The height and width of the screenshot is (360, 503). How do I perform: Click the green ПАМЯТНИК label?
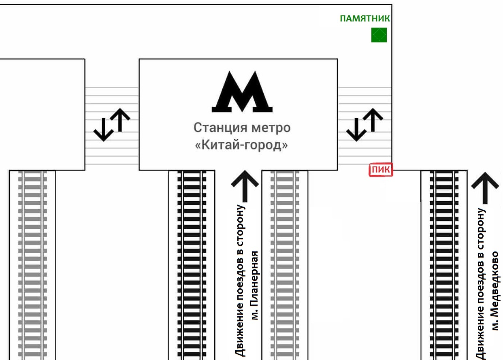[x=365, y=19]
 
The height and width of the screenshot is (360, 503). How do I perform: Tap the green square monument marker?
[x=379, y=35]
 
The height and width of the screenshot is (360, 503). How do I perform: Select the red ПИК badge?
[x=381, y=170]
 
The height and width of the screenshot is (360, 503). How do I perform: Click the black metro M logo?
[x=242, y=92]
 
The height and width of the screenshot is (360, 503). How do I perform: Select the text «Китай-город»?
[x=242, y=145]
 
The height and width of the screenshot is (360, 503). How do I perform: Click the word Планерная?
[x=255, y=285]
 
